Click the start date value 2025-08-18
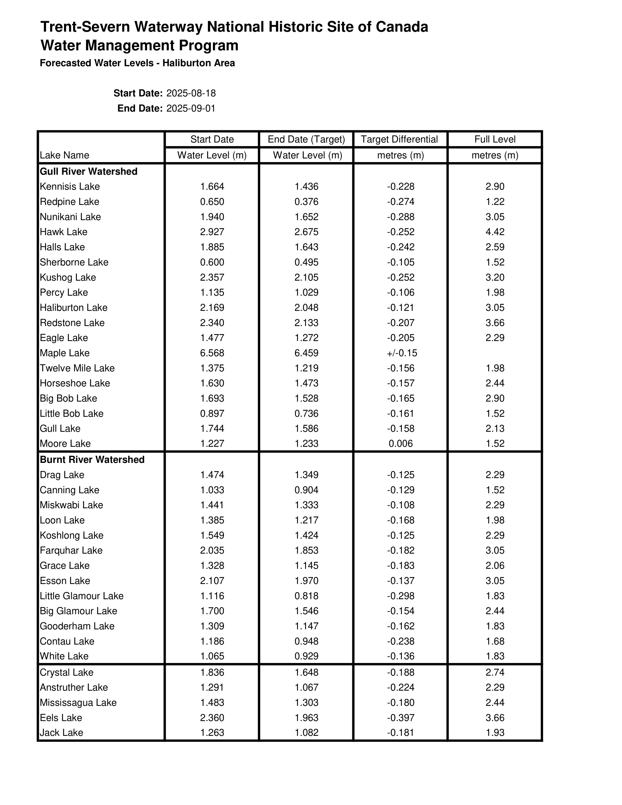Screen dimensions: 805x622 pos(191,93)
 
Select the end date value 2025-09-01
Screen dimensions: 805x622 pos(191,109)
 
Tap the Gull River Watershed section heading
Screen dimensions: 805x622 pos(89,171)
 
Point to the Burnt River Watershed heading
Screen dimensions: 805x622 pos(92,460)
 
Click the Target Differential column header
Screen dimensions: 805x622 pos(400,139)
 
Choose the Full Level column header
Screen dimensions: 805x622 pos(495,139)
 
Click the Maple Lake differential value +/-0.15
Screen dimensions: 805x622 pos(402,353)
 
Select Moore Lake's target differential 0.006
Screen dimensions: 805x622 pos(401,443)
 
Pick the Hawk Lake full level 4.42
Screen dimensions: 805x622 pos(495,232)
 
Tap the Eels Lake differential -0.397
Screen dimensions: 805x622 pos(401,718)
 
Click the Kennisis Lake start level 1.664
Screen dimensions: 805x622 pos(212,187)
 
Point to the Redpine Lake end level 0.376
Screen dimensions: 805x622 pos(306,202)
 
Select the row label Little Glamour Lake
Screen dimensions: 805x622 pos(82,596)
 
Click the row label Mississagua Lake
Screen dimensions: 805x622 pos(78,703)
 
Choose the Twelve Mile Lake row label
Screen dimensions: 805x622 pos(77,368)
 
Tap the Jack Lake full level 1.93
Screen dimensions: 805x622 pos(495,733)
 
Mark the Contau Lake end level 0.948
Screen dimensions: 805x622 pos(306,641)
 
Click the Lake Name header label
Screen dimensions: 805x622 pos(64,155)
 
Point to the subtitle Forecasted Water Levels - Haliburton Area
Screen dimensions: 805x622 pos(137,63)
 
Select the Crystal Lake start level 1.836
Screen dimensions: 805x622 pos(212,672)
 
